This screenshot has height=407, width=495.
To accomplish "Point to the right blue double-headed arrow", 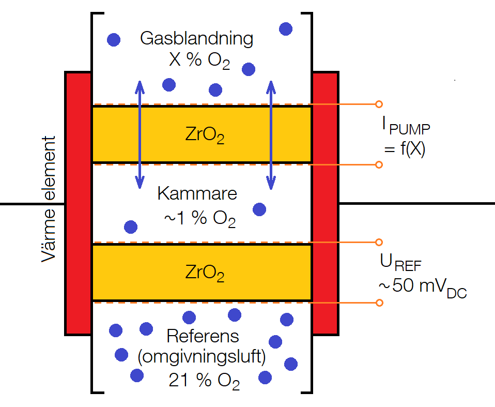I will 270,134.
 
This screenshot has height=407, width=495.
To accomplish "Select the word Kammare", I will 197,194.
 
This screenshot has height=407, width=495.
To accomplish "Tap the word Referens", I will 203,336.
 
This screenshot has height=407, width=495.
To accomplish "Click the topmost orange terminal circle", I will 379,104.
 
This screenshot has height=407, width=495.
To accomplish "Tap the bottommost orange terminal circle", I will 379,303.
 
